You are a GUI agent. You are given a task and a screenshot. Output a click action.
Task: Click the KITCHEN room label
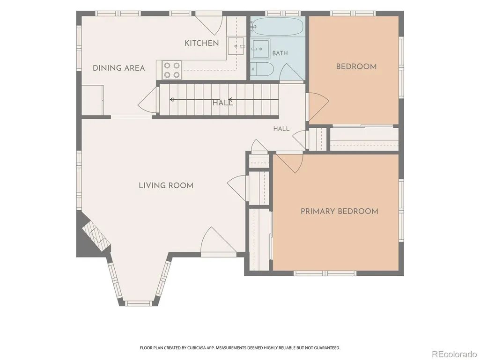tap(202, 43)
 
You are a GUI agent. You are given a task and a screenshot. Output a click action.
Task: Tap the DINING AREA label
tap(119, 68)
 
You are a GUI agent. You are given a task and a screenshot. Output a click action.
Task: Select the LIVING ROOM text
tap(166, 185)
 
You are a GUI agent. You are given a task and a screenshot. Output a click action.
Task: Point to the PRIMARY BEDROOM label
tap(339, 211)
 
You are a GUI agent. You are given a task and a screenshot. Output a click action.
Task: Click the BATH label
tap(280, 53)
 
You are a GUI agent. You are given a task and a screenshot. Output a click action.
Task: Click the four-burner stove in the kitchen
tap(171, 70)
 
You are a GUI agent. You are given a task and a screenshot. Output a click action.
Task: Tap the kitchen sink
tap(236, 46)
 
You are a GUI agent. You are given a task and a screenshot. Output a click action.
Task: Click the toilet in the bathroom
tap(262, 69)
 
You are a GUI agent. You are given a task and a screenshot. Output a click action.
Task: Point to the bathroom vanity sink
tap(260, 48)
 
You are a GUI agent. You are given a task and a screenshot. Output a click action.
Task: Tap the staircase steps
tap(219, 100)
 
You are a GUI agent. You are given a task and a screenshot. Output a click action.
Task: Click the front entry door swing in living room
tap(218, 240)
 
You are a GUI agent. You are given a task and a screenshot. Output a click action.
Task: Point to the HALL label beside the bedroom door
tap(281, 129)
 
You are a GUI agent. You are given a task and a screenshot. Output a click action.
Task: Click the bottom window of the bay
tap(139, 303)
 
